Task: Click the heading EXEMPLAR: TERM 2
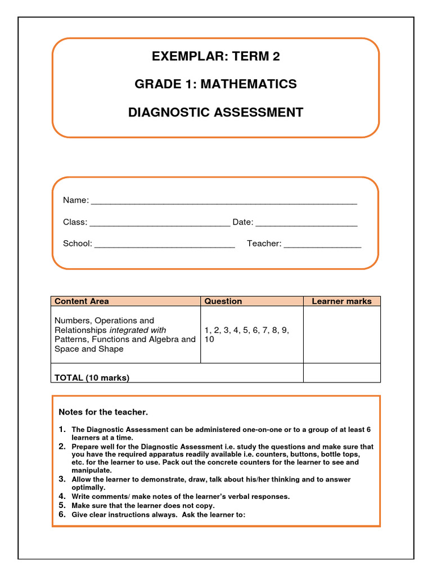215,56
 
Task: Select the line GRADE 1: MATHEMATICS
215,84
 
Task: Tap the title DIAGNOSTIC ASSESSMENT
215,112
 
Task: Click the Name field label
75,200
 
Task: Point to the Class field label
75,222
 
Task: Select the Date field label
242,222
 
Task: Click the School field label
77,244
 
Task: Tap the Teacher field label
264,244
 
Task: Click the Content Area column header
82,301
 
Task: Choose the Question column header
223,301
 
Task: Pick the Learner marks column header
341,301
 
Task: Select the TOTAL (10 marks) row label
92,378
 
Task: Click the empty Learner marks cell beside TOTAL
341,373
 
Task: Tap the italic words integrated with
138,330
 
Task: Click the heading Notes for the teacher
103,412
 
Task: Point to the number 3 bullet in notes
62,479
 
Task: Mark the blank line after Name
224,201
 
